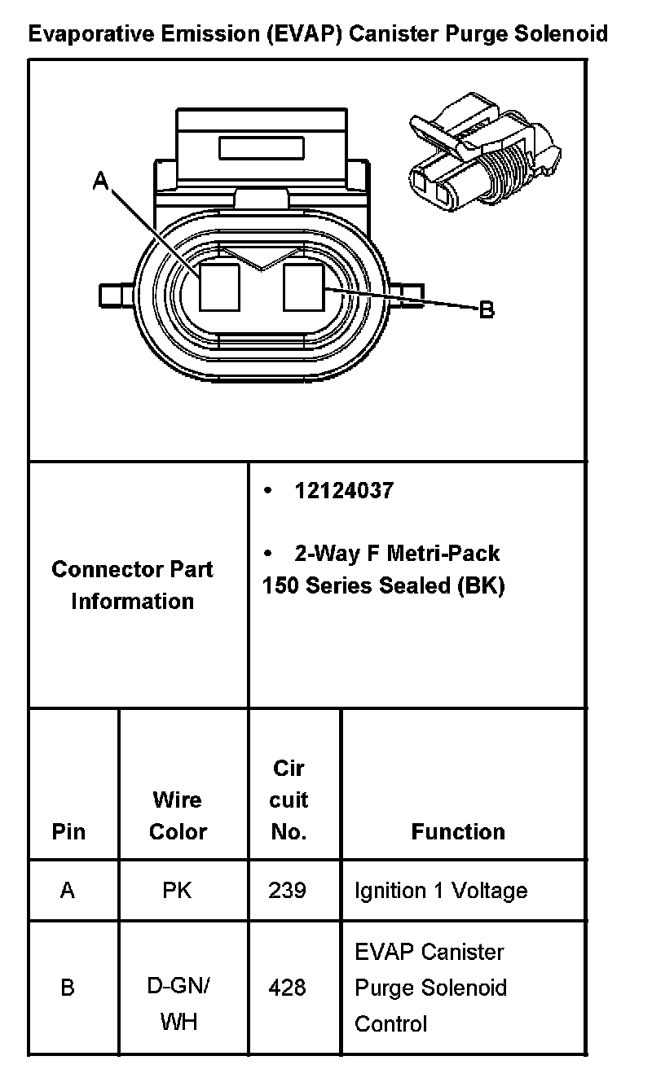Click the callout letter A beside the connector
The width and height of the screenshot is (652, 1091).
[100, 181]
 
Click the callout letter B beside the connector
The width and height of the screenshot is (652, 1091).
[486, 310]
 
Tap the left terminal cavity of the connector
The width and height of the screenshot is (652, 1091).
[218, 287]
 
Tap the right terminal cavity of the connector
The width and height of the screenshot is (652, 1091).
[304, 287]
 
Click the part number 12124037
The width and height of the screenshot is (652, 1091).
[343, 491]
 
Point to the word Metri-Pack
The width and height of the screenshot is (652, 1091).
[443, 554]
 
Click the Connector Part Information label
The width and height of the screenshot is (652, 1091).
[132, 585]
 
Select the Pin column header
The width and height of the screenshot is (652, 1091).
[68, 831]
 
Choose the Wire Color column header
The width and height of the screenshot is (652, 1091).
[178, 816]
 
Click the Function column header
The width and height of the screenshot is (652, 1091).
[458, 831]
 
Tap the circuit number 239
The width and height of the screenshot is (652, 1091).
[287, 891]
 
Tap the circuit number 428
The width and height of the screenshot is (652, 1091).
[287, 988]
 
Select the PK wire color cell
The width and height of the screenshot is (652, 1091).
[177, 891]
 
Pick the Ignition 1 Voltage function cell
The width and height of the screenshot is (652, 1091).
[440, 891]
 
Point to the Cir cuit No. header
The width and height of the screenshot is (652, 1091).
[289, 800]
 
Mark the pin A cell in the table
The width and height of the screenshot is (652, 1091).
[68, 891]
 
